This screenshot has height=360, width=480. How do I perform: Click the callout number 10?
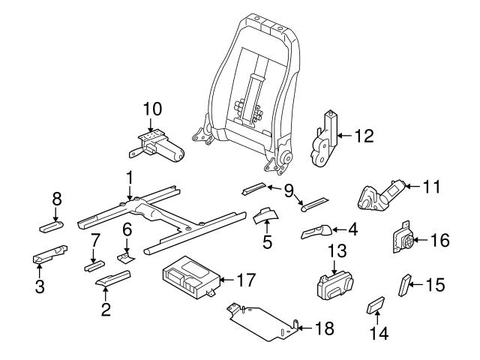152,109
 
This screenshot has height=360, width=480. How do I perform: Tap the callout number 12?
364,136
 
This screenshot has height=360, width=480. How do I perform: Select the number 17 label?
246,280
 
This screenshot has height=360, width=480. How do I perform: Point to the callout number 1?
129,178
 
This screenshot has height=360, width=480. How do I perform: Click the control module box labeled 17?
189,274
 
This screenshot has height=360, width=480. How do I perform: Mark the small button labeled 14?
375,306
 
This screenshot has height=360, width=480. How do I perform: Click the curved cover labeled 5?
264,216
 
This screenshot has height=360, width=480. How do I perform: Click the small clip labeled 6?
126,256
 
